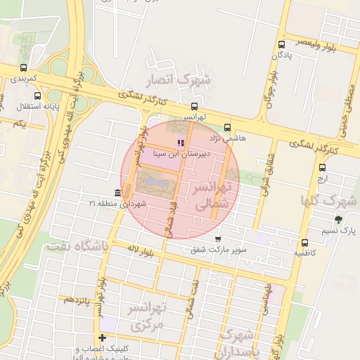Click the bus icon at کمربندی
24,68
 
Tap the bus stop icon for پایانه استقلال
37,96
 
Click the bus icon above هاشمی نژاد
226,127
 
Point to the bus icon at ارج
322,167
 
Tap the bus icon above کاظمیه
304,242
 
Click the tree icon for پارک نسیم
338,220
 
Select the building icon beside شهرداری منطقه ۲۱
117,193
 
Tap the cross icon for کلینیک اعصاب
103,338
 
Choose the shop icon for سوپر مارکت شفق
217,238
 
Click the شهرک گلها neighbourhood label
328,200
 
